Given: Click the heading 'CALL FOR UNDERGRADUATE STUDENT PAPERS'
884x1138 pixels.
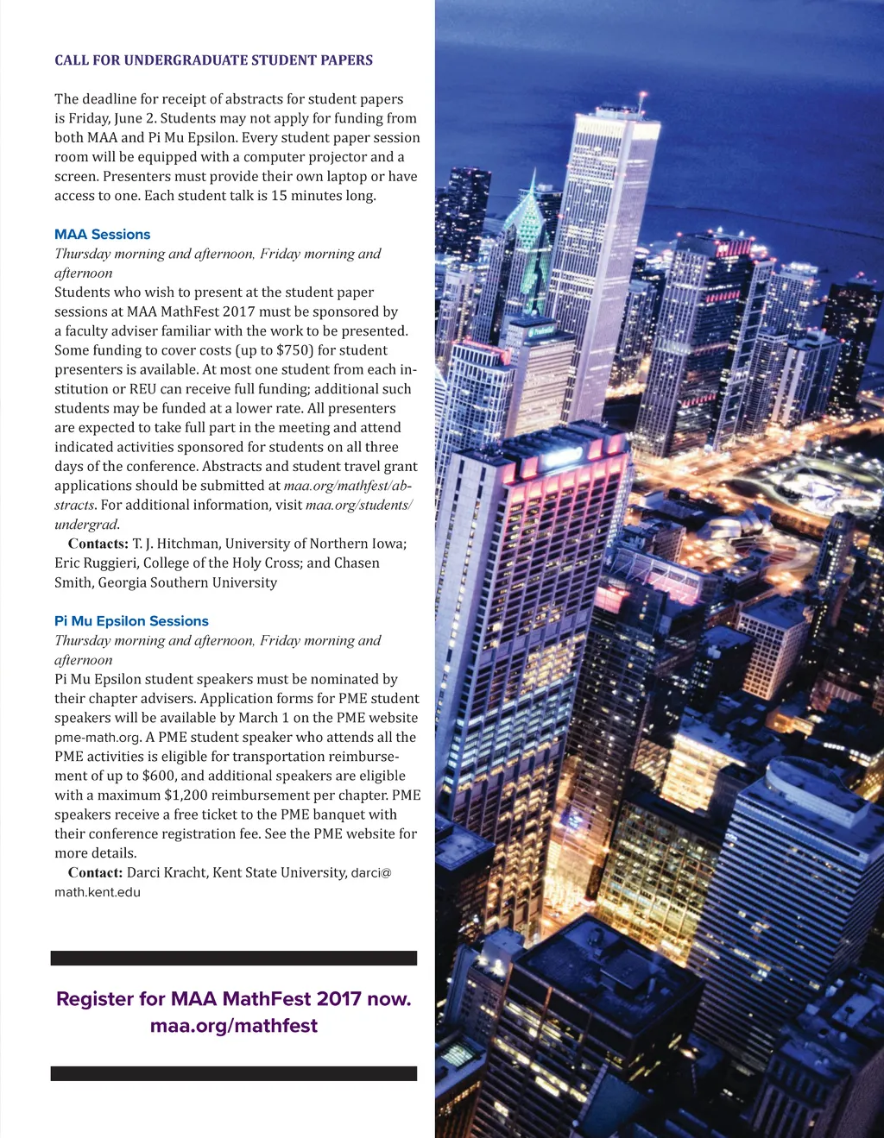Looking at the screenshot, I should [213, 60].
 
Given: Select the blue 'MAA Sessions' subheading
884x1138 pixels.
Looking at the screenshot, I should [102, 235].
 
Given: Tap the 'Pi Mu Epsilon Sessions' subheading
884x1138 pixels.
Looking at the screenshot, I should [131, 621].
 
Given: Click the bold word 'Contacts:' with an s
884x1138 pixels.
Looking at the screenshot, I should [98, 544].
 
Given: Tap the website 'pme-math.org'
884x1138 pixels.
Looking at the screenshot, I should [97, 738].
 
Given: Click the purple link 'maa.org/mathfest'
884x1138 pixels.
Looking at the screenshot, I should [234, 1026].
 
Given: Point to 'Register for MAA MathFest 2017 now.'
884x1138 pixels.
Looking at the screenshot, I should [234, 999].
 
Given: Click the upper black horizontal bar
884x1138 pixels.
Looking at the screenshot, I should [234, 958].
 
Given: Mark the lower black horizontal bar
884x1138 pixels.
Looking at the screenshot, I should [234, 1073].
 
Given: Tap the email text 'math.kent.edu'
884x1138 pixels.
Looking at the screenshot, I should [97, 893].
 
